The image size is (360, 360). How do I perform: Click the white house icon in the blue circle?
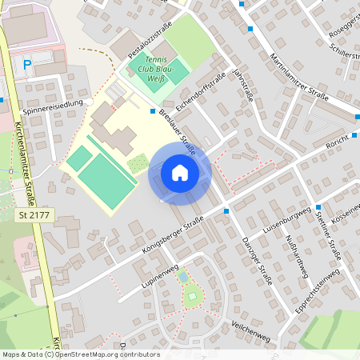pyautogui.click(x=180, y=173)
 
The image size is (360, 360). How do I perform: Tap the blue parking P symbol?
pyautogui.click(x=27, y=64)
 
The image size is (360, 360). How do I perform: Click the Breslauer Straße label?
pyautogui.click(x=178, y=129)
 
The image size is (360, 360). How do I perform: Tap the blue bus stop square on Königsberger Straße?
pyautogui.click(x=226, y=211)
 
